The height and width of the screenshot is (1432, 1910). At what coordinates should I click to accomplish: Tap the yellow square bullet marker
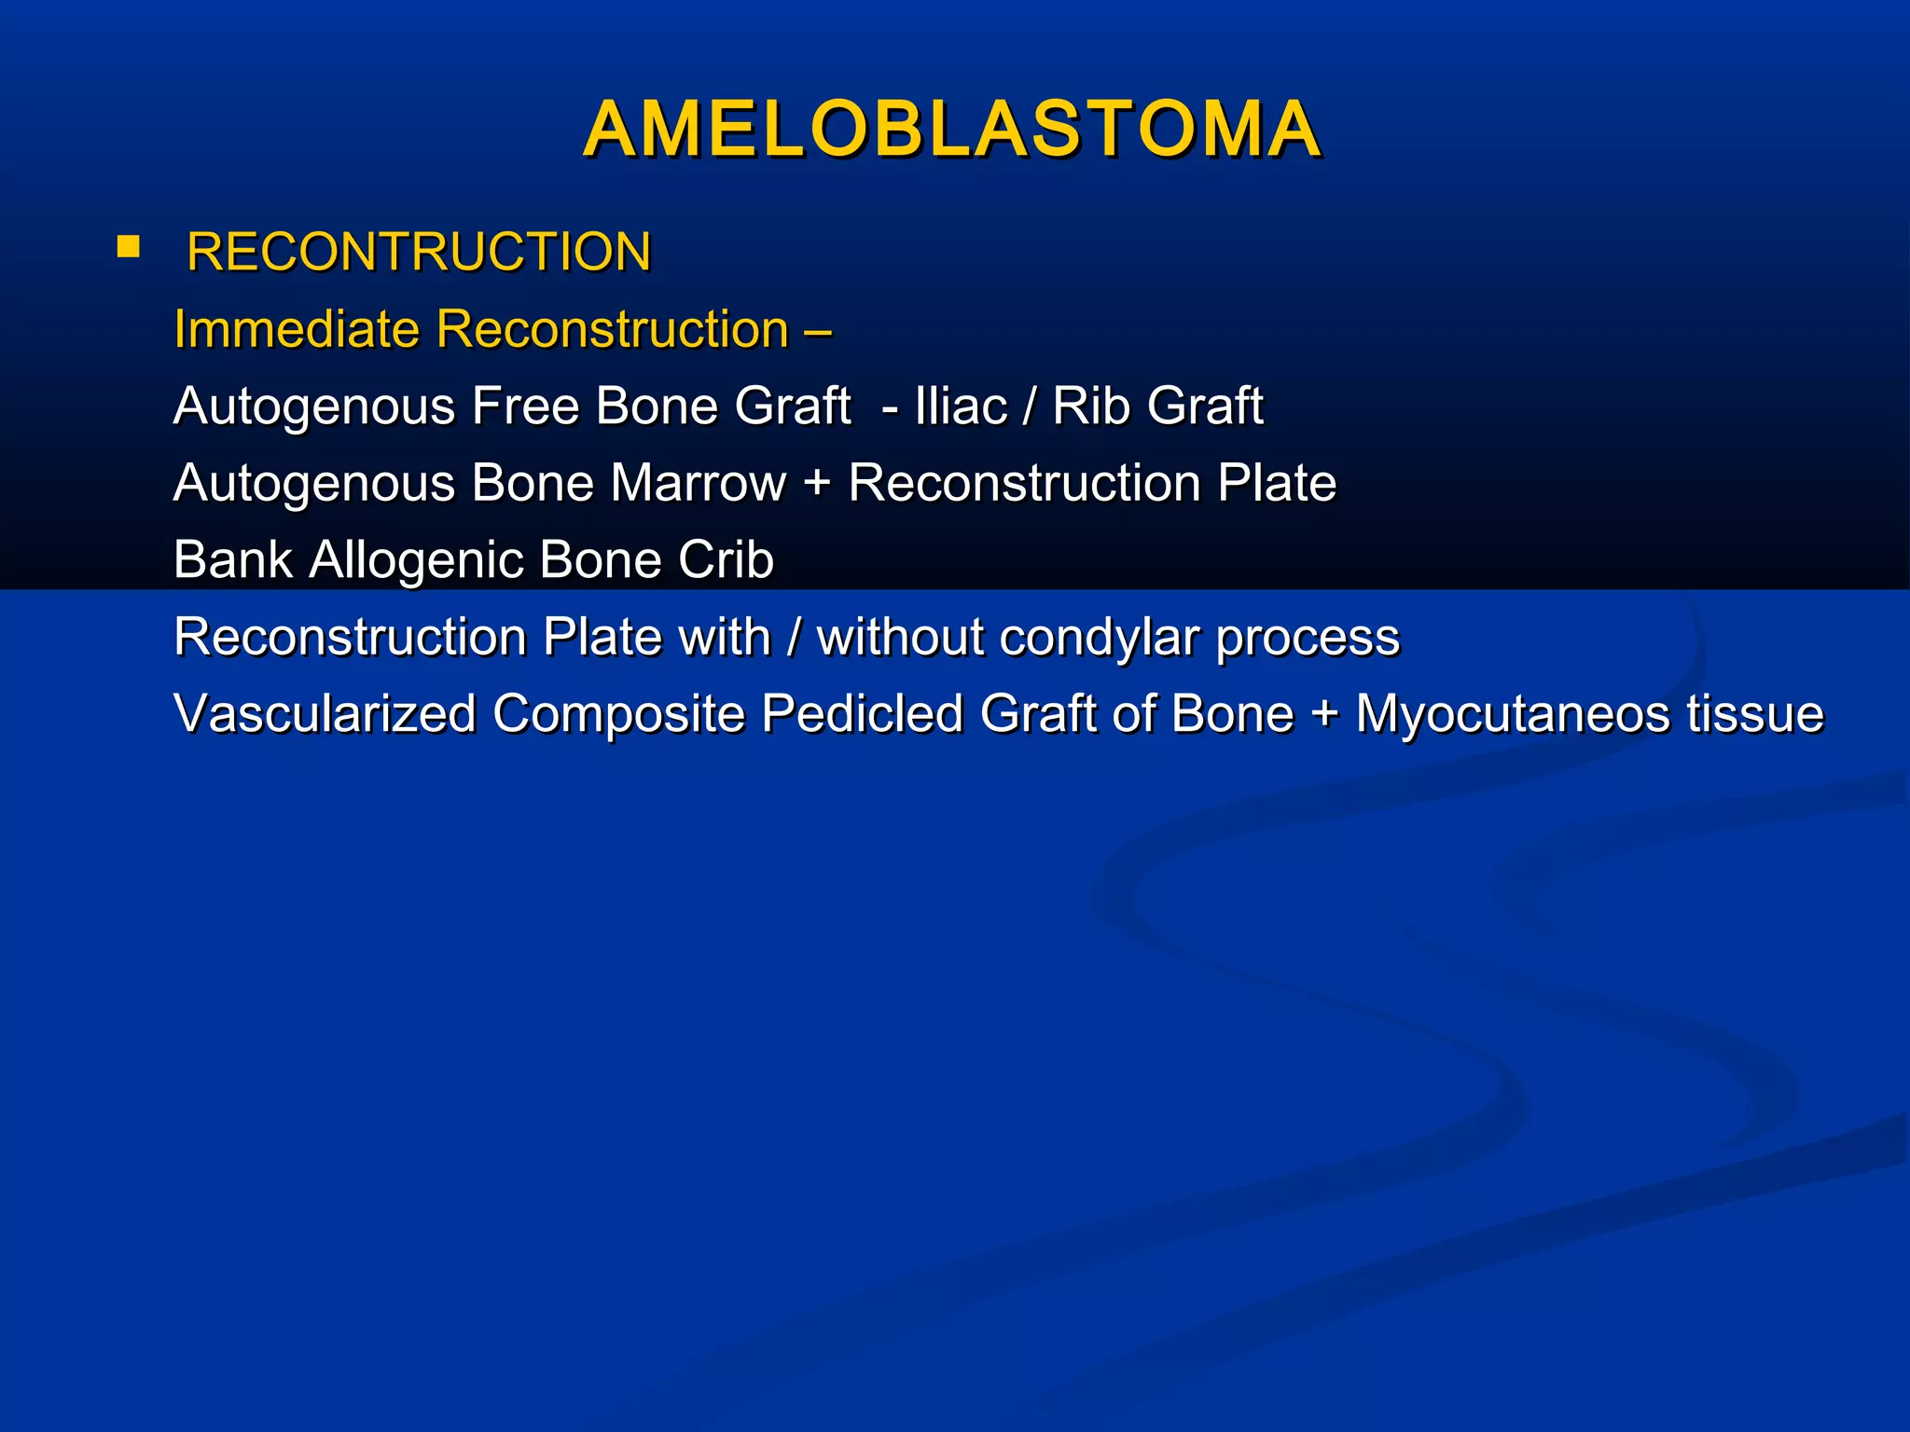pyautogui.click(x=129, y=247)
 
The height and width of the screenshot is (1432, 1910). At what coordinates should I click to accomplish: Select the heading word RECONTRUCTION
pyautogui.click(x=419, y=252)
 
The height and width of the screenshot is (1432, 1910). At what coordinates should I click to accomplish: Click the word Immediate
pyautogui.click(x=298, y=329)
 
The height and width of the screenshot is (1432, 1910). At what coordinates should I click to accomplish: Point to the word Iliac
pyautogui.click(x=961, y=406)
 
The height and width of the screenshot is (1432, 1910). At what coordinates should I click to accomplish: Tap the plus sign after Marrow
pyautogui.click(x=816, y=485)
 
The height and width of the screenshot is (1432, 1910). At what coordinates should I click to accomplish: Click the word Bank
pyautogui.click(x=233, y=559)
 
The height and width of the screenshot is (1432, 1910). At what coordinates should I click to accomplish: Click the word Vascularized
pyautogui.click(x=325, y=714)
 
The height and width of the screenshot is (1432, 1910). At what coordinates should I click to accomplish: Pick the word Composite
pyautogui.click(x=618, y=716)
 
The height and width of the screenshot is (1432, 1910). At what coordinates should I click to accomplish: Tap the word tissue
pyautogui.click(x=1755, y=714)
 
